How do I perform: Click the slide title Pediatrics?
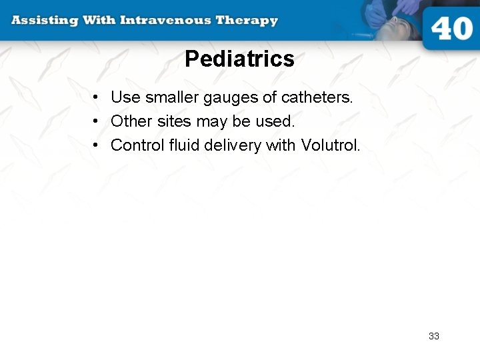(239, 59)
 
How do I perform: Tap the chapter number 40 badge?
(451, 29)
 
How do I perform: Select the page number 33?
(434, 336)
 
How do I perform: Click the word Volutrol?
(330, 145)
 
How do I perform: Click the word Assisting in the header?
(43, 20)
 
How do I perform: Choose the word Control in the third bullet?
(135, 145)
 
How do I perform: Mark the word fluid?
(179, 145)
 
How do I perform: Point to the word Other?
(131, 121)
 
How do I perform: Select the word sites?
(174, 121)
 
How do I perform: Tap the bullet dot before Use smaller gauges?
(97, 98)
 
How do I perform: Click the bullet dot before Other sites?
(97, 122)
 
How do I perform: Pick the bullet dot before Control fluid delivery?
(97, 146)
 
